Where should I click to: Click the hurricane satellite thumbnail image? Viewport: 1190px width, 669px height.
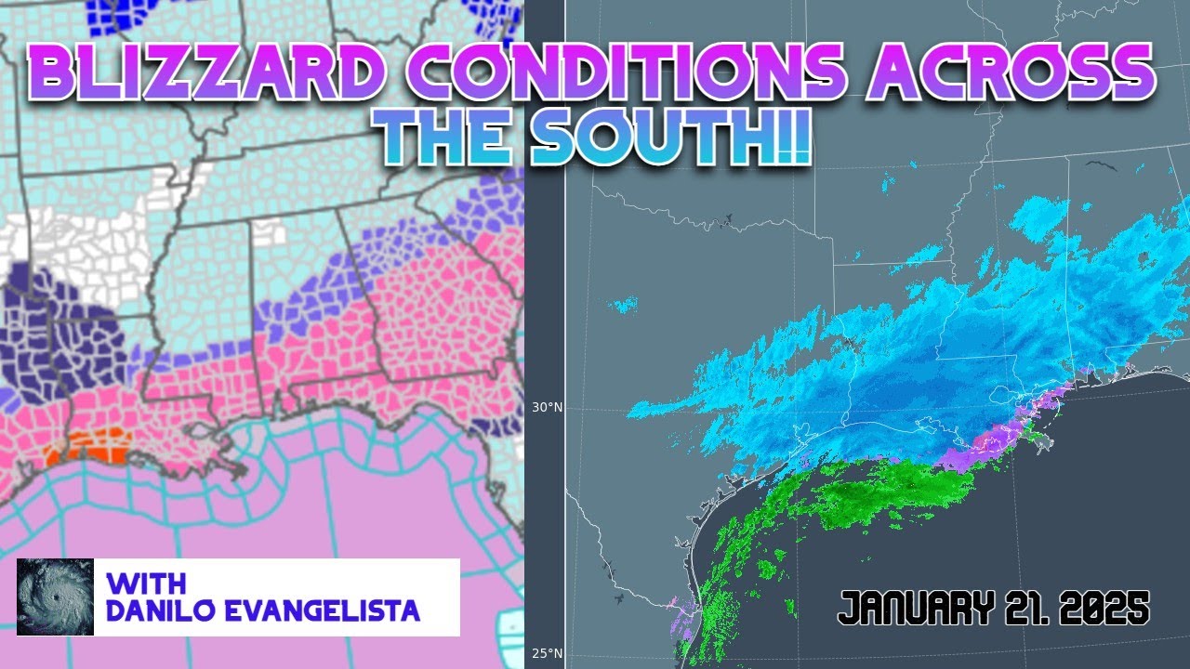[55, 597]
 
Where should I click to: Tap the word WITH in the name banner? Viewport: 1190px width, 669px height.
[147, 584]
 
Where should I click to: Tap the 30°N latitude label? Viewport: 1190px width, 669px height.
[547, 407]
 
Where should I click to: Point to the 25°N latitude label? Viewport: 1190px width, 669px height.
[547, 653]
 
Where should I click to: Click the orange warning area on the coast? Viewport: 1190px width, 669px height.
[87, 449]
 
